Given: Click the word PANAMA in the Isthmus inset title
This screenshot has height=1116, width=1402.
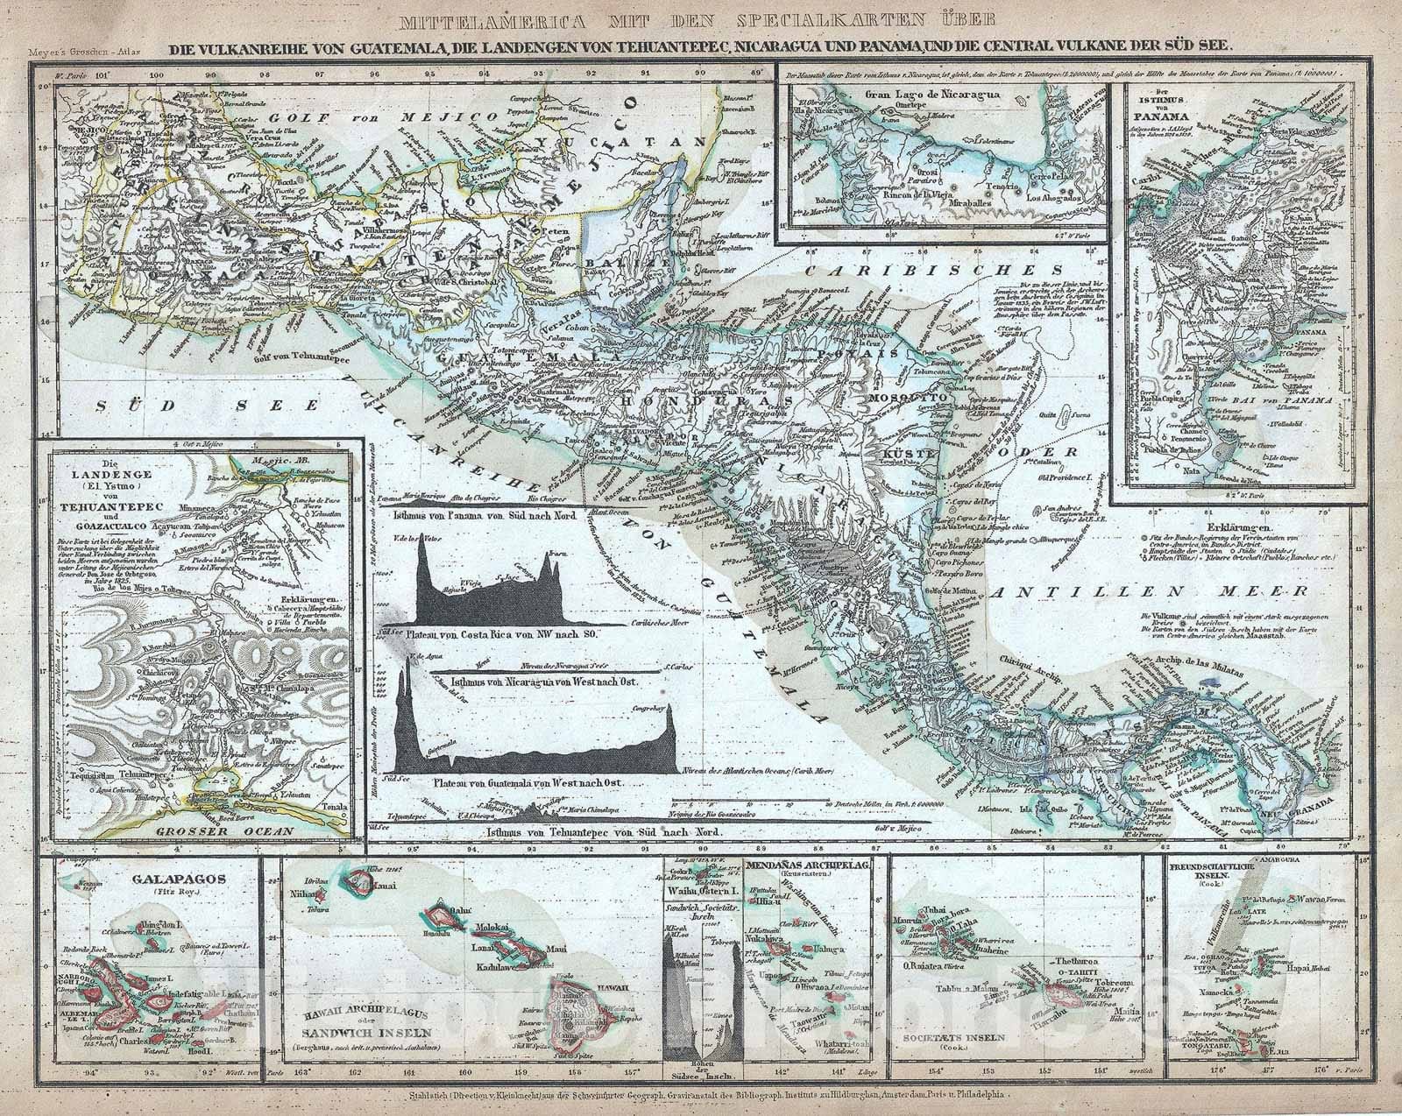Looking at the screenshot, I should click(x=1159, y=116).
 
